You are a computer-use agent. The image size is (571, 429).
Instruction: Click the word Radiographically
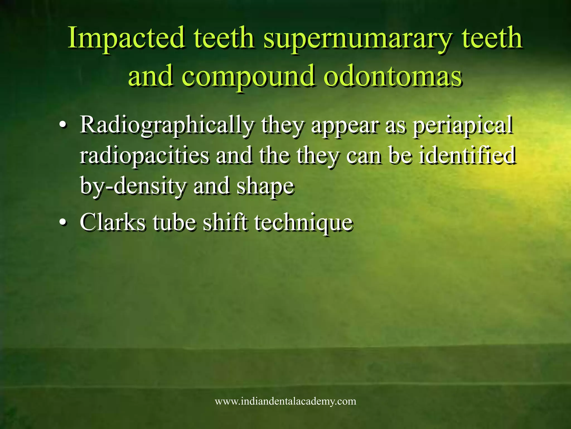[x=167, y=125]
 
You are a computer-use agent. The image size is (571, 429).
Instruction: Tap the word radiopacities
[x=144, y=156]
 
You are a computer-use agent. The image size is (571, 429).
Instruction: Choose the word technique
[x=303, y=223]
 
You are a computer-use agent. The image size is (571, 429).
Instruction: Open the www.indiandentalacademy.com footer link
[x=285, y=401]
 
